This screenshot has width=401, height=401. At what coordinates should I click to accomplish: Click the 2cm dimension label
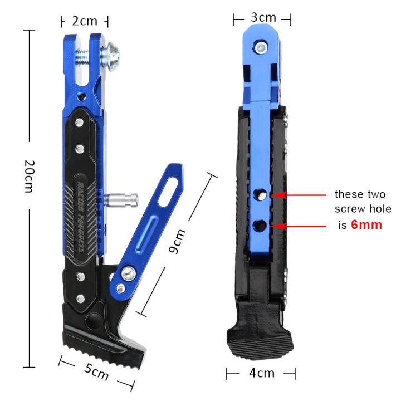click(84, 21)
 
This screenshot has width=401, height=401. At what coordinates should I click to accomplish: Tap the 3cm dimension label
click(262, 18)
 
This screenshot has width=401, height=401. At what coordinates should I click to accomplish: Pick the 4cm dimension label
click(261, 373)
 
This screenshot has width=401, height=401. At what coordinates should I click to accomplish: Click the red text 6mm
click(366, 226)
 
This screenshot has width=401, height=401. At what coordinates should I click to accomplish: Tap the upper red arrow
click(301, 195)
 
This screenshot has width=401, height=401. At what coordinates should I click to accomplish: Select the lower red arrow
click(301, 226)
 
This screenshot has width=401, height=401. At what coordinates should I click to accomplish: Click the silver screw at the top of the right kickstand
click(261, 48)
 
